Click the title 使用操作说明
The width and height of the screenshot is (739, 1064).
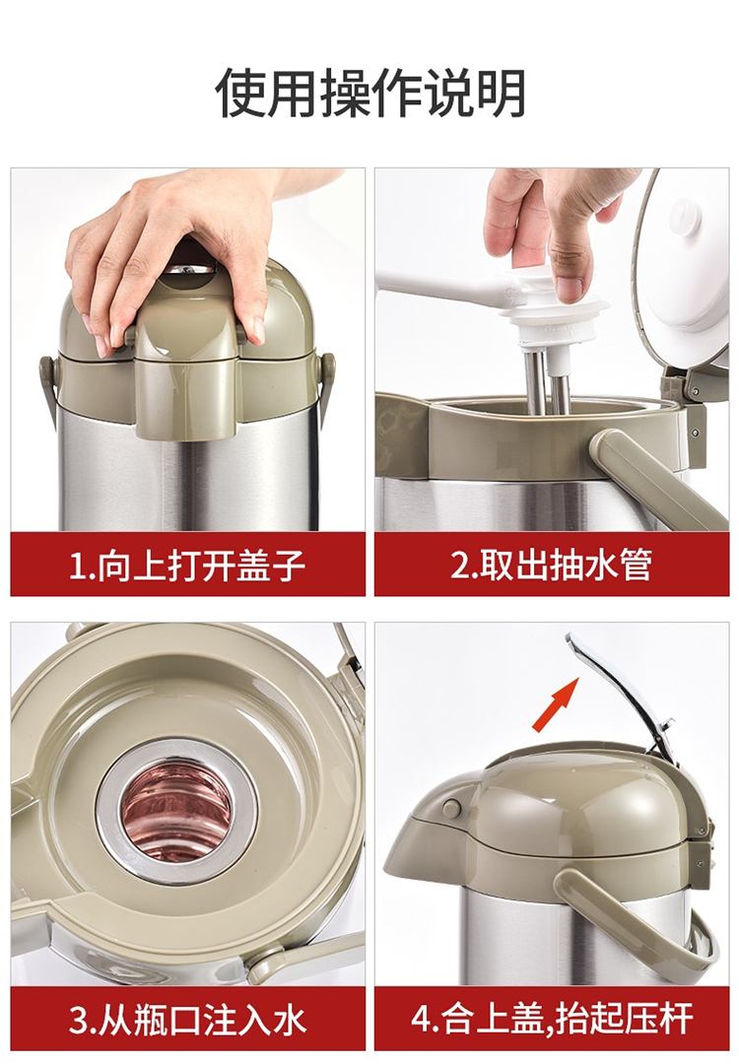click(370, 93)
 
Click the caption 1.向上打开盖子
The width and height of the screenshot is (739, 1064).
click(187, 565)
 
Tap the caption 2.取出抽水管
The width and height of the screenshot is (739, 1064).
click(551, 565)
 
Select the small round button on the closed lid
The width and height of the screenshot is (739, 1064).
click(451, 807)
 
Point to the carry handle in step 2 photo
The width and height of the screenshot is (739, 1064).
click(644, 475)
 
